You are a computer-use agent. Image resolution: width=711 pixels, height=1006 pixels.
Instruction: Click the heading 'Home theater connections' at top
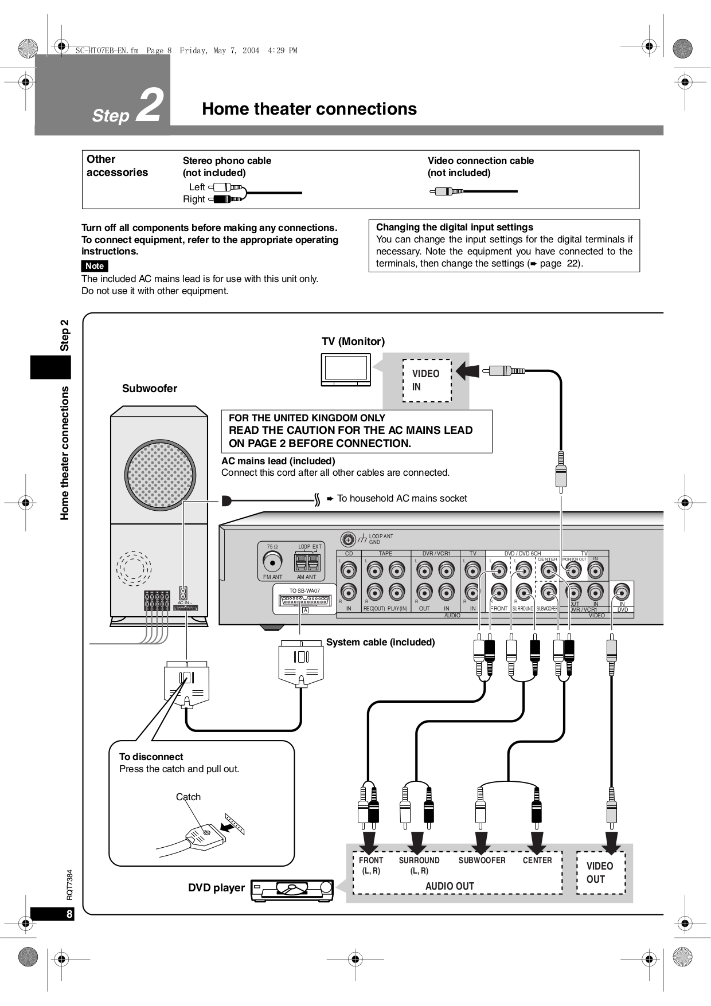pyautogui.click(x=309, y=109)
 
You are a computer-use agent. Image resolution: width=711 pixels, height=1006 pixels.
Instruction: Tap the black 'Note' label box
pyautogui.click(x=95, y=266)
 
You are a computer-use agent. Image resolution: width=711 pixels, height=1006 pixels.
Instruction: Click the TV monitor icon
pyautogui.click(x=346, y=369)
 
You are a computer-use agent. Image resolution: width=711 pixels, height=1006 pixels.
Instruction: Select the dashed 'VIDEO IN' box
pyautogui.click(x=427, y=381)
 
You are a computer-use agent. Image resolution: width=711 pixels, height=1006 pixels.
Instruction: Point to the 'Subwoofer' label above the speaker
pyautogui.click(x=150, y=389)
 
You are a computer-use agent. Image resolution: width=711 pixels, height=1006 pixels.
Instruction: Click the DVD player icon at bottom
pyautogui.click(x=292, y=891)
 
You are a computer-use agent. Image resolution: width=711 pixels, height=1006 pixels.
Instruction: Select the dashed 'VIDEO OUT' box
pyautogui.click(x=600, y=872)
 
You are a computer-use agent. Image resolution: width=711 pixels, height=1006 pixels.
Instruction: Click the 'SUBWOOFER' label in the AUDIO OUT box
pyautogui.click(x=482, y=860)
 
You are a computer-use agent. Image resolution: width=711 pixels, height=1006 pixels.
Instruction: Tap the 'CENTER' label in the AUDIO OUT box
pyautogui.click(x=537, y=860)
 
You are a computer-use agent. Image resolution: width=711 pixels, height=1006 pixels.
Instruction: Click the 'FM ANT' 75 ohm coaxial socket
pyautogui.click(x=272, y=561)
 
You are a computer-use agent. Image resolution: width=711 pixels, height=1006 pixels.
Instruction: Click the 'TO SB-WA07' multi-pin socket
pyautogui.click(x=304, y=600)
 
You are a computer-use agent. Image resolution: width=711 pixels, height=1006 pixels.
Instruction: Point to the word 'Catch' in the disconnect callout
pyautogui.click(x=188, y=797)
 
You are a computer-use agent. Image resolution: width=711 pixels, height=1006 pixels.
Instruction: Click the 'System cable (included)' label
pyautogui.click(x=380, y=642)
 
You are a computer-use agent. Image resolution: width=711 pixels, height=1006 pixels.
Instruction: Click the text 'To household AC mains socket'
pyautogui.click(x=401, y=499)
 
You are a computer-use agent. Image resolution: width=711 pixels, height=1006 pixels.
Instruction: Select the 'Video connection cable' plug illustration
pyautogui.click(x=448, y=191)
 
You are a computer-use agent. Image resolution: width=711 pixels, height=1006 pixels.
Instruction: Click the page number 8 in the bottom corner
pyautogui.click(x=69, y=914)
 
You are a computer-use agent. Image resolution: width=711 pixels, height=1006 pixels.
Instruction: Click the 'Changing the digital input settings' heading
pyautogui.click(x=454, y=227)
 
